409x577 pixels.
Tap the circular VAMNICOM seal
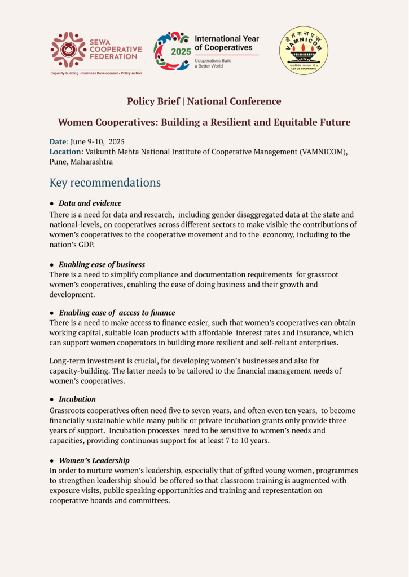pos(304,50)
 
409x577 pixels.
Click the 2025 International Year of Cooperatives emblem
pos(172,51)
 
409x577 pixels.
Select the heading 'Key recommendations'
pos(105,183)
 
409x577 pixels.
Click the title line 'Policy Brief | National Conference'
pos(204,101)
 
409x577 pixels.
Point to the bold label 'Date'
pos(58,142)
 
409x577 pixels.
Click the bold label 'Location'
pos(65,152)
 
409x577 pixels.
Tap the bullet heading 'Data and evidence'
pos(90,203)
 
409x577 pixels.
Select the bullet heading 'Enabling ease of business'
pos(102,264)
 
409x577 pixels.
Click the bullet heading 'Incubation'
pos(77,399)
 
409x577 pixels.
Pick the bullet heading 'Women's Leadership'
pos(94,460)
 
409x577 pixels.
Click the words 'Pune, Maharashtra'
pos(81,162)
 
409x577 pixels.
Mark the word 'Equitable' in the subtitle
pos(289,122)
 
